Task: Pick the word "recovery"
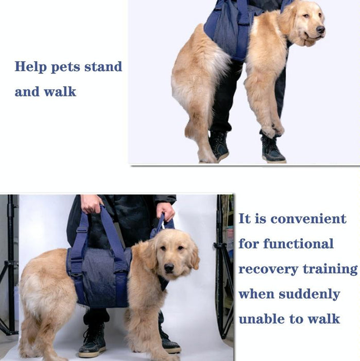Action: coord(268,269)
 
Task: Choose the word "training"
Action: coord(331,269)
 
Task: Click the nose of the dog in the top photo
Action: coord(320,29)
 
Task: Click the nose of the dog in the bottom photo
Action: coord(169,268)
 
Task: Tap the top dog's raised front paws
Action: coord(273,129)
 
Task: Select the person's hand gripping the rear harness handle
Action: coord(92,203)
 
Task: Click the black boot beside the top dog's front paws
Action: coord(272,151)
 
